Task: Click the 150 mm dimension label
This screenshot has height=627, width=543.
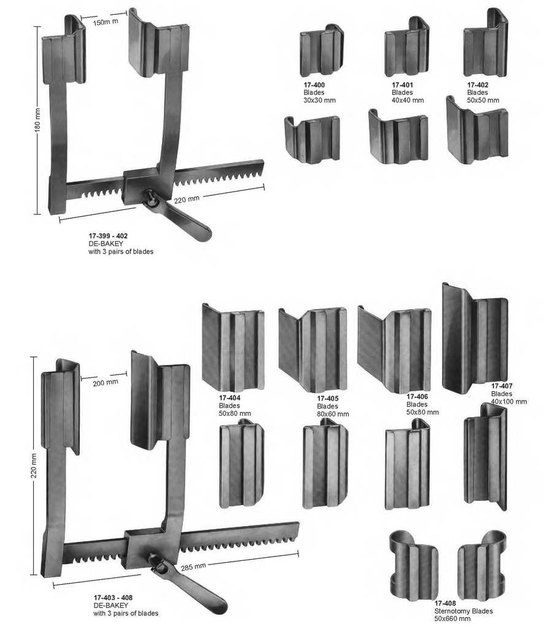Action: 105,23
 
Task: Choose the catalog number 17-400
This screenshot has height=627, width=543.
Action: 314,85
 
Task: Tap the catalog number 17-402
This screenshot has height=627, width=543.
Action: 477,85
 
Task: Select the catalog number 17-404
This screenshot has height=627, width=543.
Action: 229,398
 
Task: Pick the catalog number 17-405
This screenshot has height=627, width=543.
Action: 327,399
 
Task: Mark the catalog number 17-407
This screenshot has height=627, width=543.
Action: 501,386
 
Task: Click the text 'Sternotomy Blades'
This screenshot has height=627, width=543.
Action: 463,611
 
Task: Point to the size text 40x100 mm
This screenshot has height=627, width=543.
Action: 509,402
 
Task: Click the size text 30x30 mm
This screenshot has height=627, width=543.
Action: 319,100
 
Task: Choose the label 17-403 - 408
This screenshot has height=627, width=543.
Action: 113,598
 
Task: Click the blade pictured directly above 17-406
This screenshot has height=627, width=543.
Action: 395,349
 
